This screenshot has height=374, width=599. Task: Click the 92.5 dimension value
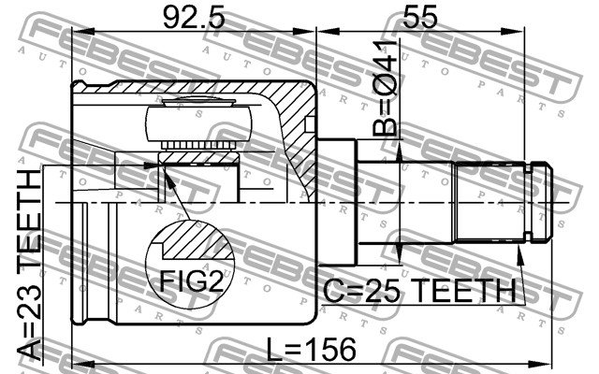point(194,18)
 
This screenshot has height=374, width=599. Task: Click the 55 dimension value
point(420,18)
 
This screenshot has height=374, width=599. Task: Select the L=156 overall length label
point(311,349)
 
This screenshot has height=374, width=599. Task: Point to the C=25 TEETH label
point(419,291)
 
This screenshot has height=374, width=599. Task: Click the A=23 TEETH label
point(29,265)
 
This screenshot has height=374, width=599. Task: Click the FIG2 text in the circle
point(191,281)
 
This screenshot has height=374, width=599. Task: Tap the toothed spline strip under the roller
point(197,146)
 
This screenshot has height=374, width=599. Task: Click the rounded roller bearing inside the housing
point(198,123)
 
